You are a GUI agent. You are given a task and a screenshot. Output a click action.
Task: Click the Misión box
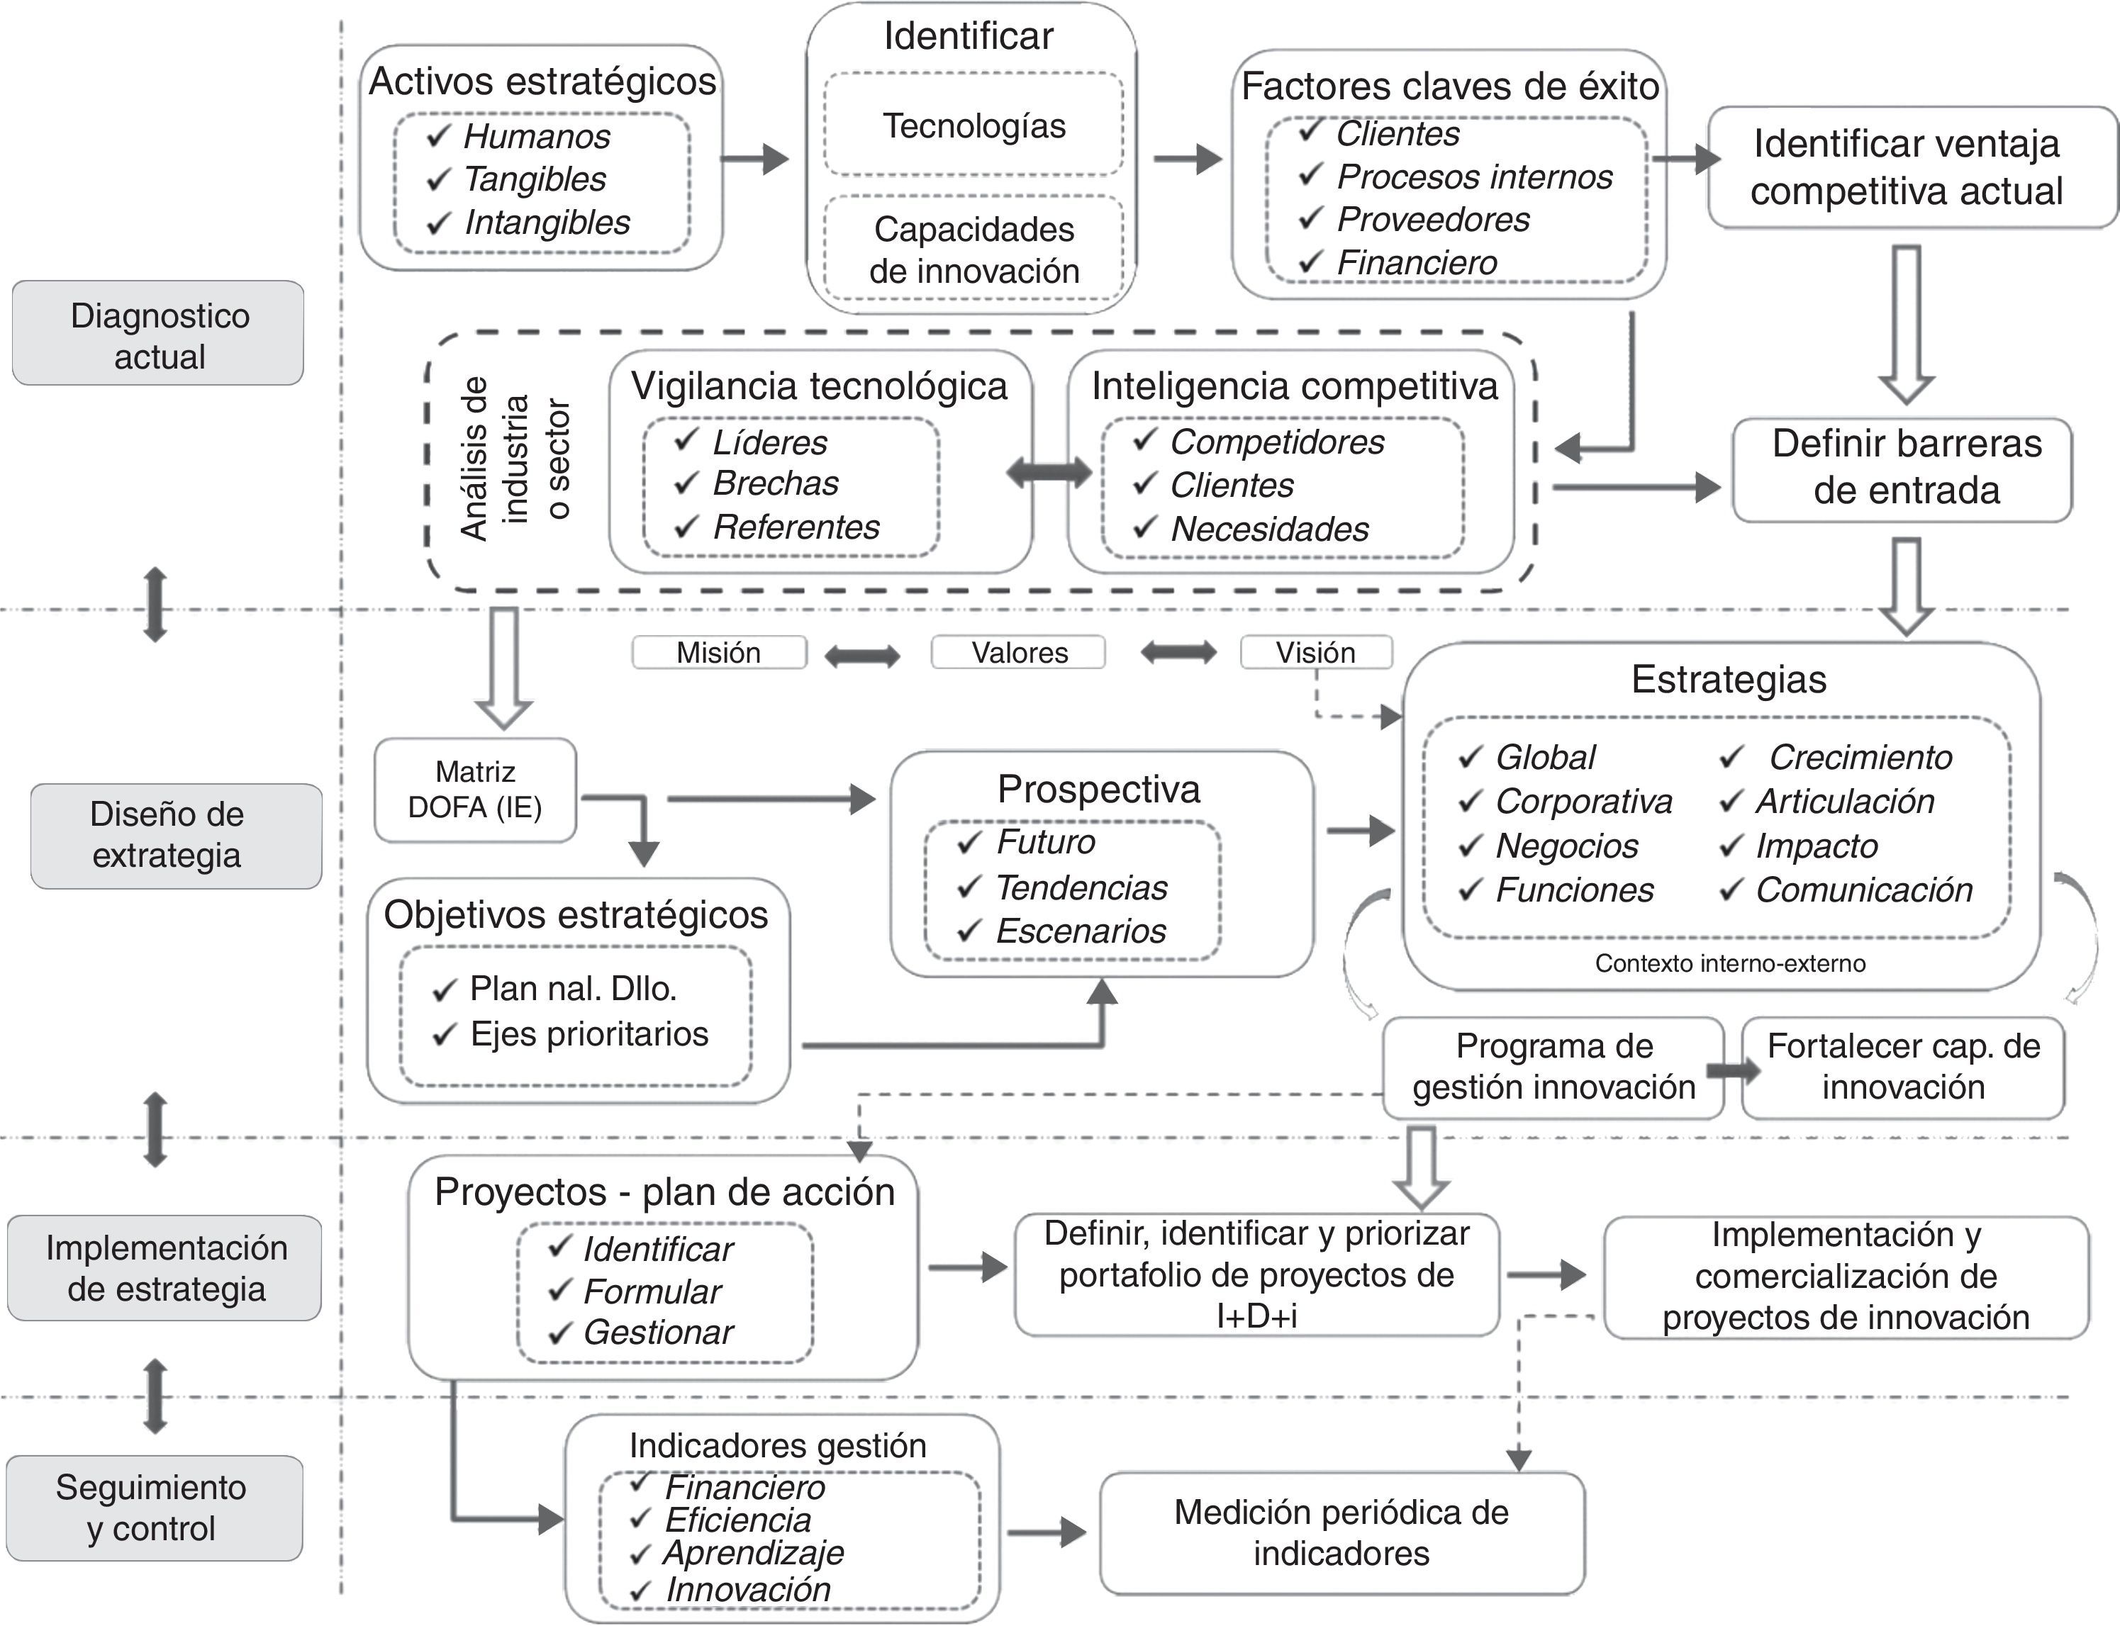point(718,652)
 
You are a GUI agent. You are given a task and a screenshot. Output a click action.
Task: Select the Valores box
point(1018,652)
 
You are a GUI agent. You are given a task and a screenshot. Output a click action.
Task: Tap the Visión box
point(1315,652)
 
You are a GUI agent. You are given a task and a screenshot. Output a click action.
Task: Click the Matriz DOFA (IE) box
point(475,790)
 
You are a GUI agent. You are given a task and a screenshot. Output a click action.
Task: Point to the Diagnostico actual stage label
point(159,335)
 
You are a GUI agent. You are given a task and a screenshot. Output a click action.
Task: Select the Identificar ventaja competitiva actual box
point(1906,167)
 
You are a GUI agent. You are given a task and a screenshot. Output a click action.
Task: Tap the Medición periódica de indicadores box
point(1341,1532)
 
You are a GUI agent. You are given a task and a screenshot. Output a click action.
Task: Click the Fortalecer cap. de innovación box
point(1903,1067)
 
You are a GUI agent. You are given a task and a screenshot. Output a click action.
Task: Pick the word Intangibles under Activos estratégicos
point(547,223)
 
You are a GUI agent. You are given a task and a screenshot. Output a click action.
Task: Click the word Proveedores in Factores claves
point(1433,220)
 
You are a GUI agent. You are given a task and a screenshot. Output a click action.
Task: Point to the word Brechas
point(776,483)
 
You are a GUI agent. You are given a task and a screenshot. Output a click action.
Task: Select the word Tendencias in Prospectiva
point(1081,887)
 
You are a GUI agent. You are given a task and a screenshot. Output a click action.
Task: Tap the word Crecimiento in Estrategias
point(1860,757)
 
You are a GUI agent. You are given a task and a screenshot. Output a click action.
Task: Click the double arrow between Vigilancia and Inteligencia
point(1049,472)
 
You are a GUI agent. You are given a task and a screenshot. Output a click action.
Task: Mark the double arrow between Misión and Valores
point(861,656)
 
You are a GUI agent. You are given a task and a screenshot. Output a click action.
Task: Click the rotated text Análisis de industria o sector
point(516,459)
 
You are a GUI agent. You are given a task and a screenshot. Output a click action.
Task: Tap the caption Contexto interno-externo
point(1730,964)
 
